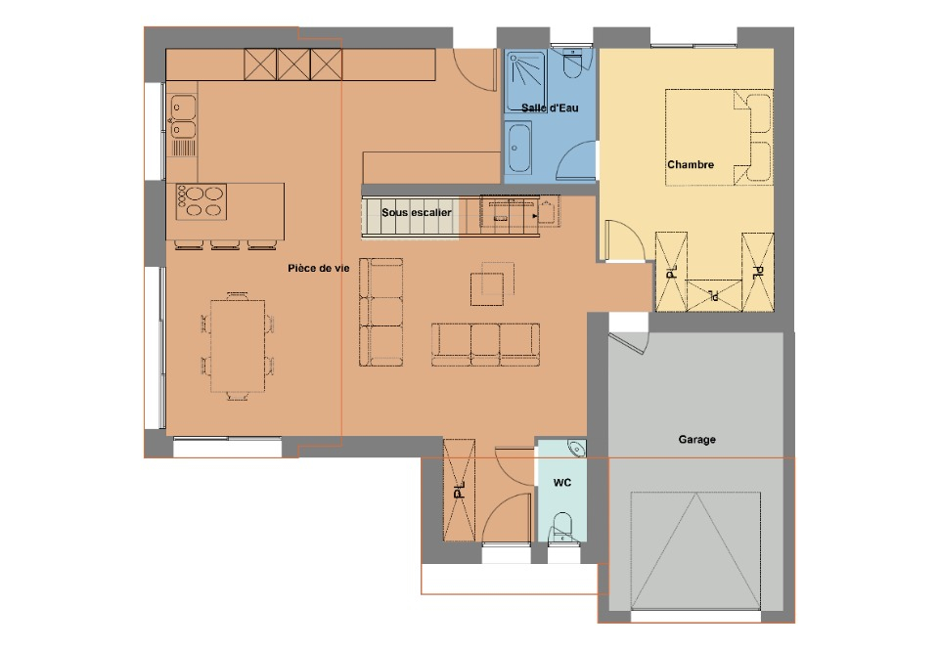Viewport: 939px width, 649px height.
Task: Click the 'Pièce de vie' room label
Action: pos(318,268)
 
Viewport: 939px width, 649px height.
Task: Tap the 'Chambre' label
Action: pos(691,164)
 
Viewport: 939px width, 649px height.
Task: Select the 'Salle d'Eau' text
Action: pos(550,108)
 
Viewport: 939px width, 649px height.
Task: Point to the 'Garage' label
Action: pos(696,440)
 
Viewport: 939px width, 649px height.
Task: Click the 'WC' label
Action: pos(561,483)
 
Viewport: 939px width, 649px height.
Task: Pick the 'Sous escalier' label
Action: pos(417,212)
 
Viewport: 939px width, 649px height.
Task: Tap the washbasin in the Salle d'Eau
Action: pos(518,148)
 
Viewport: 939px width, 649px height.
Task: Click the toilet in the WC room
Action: pos(561,527)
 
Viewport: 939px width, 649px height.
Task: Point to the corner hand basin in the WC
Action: pos(577,448)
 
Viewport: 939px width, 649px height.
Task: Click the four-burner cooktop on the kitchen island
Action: pos(201,201)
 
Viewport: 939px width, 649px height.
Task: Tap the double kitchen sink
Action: pos(183,117)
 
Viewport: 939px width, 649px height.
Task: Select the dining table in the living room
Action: pos(238,346)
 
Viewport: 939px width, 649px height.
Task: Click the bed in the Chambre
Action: pos(719,138)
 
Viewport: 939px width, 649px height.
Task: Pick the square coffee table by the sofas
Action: pos(487,289)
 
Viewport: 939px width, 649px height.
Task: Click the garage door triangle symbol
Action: pos(695,551)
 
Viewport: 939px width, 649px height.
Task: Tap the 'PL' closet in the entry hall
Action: pos(459,491)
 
